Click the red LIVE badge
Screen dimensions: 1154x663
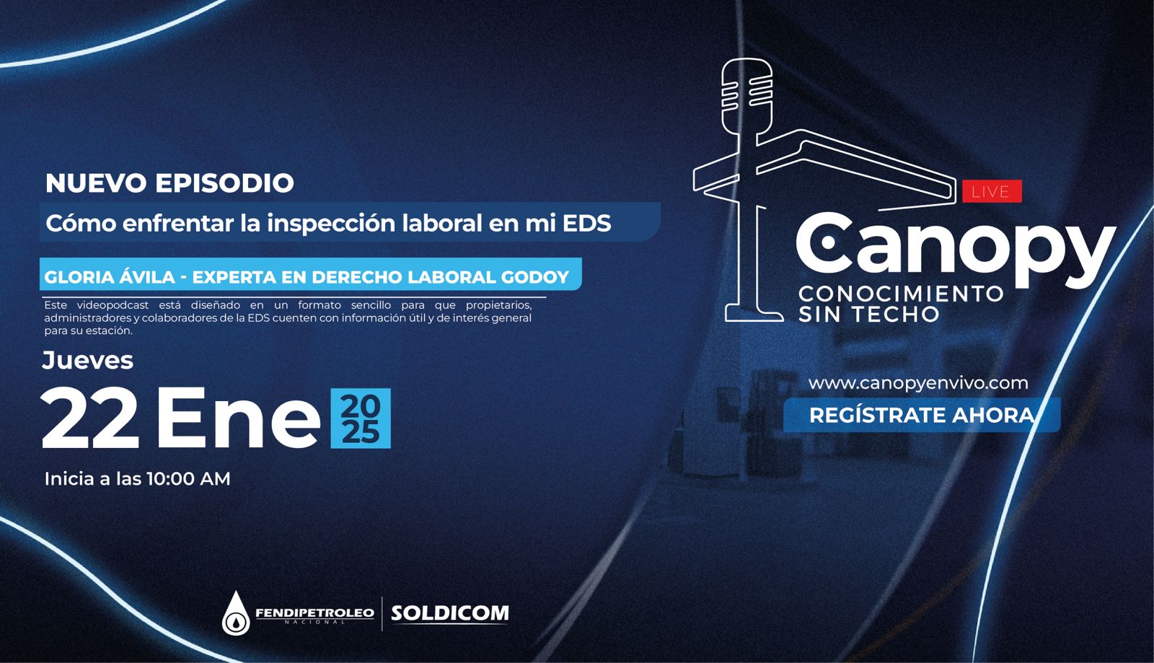[992, 192]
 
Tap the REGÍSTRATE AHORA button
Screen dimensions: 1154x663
[922, 415]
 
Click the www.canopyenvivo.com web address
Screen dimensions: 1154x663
[918, 383]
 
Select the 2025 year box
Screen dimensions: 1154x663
[361, 418]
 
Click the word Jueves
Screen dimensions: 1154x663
[87, 360]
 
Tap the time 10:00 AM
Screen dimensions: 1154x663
[188, 479]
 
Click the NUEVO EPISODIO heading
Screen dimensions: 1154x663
[169, 183]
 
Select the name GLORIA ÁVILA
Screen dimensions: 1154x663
[110, 276]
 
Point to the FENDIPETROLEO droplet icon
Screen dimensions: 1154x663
[236, 613]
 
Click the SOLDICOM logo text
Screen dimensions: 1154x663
[450, 613]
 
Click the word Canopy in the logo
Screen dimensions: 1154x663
[956, 250]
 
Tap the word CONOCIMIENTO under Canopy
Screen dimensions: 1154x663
[901, 294]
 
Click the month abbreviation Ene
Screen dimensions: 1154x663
[239, 418]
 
